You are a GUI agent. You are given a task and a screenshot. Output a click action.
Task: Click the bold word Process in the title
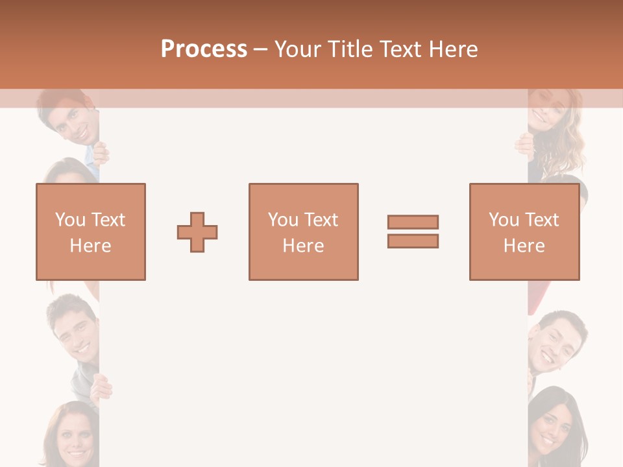coord(204,49)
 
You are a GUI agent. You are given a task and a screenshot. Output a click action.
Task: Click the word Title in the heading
coord(349,49)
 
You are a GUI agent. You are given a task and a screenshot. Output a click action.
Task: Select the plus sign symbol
coord(197,232)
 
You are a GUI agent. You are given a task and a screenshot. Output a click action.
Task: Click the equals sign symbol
coord(413,232)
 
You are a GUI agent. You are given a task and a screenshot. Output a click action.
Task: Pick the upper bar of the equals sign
coord(413,222)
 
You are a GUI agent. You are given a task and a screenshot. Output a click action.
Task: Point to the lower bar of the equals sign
coord(413,241)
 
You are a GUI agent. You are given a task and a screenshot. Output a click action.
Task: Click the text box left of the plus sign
coord(91,232)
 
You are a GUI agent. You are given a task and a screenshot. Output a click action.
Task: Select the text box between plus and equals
coord(303,232)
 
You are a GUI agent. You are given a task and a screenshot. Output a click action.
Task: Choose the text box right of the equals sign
coord(524,232)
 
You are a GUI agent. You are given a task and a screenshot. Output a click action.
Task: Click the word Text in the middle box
coord(321,220)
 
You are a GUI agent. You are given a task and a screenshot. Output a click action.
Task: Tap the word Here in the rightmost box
coord(524,246)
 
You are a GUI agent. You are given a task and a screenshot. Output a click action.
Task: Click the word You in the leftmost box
coord(69,220)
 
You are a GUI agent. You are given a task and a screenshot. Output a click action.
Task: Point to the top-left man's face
coord(75,120)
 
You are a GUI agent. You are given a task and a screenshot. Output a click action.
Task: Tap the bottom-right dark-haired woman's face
coord(552,425)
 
